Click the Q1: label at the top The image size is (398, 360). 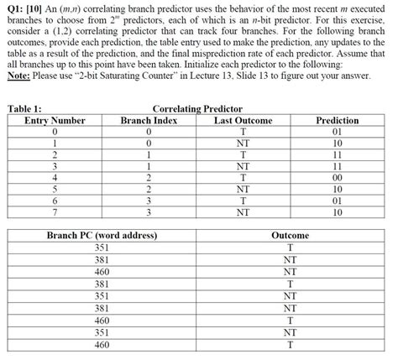click(14, 8)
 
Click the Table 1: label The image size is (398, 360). click(24, 109)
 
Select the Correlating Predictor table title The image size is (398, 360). click(197, 109)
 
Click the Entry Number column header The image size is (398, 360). click(55, 120)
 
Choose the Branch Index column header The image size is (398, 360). click(149, 120)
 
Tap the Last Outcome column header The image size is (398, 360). click(243, 120)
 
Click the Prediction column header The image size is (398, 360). click(338, 120)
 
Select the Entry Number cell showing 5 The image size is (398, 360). click(55, 189)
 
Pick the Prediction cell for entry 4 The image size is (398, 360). click(338, 177)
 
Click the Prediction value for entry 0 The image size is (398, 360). click(338, 132)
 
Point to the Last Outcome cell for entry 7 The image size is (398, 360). click(243, 212)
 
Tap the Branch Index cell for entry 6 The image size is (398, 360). click(149, 201)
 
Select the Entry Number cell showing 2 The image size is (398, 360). click(55, 154)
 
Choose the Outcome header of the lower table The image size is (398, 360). click(290, 235)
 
